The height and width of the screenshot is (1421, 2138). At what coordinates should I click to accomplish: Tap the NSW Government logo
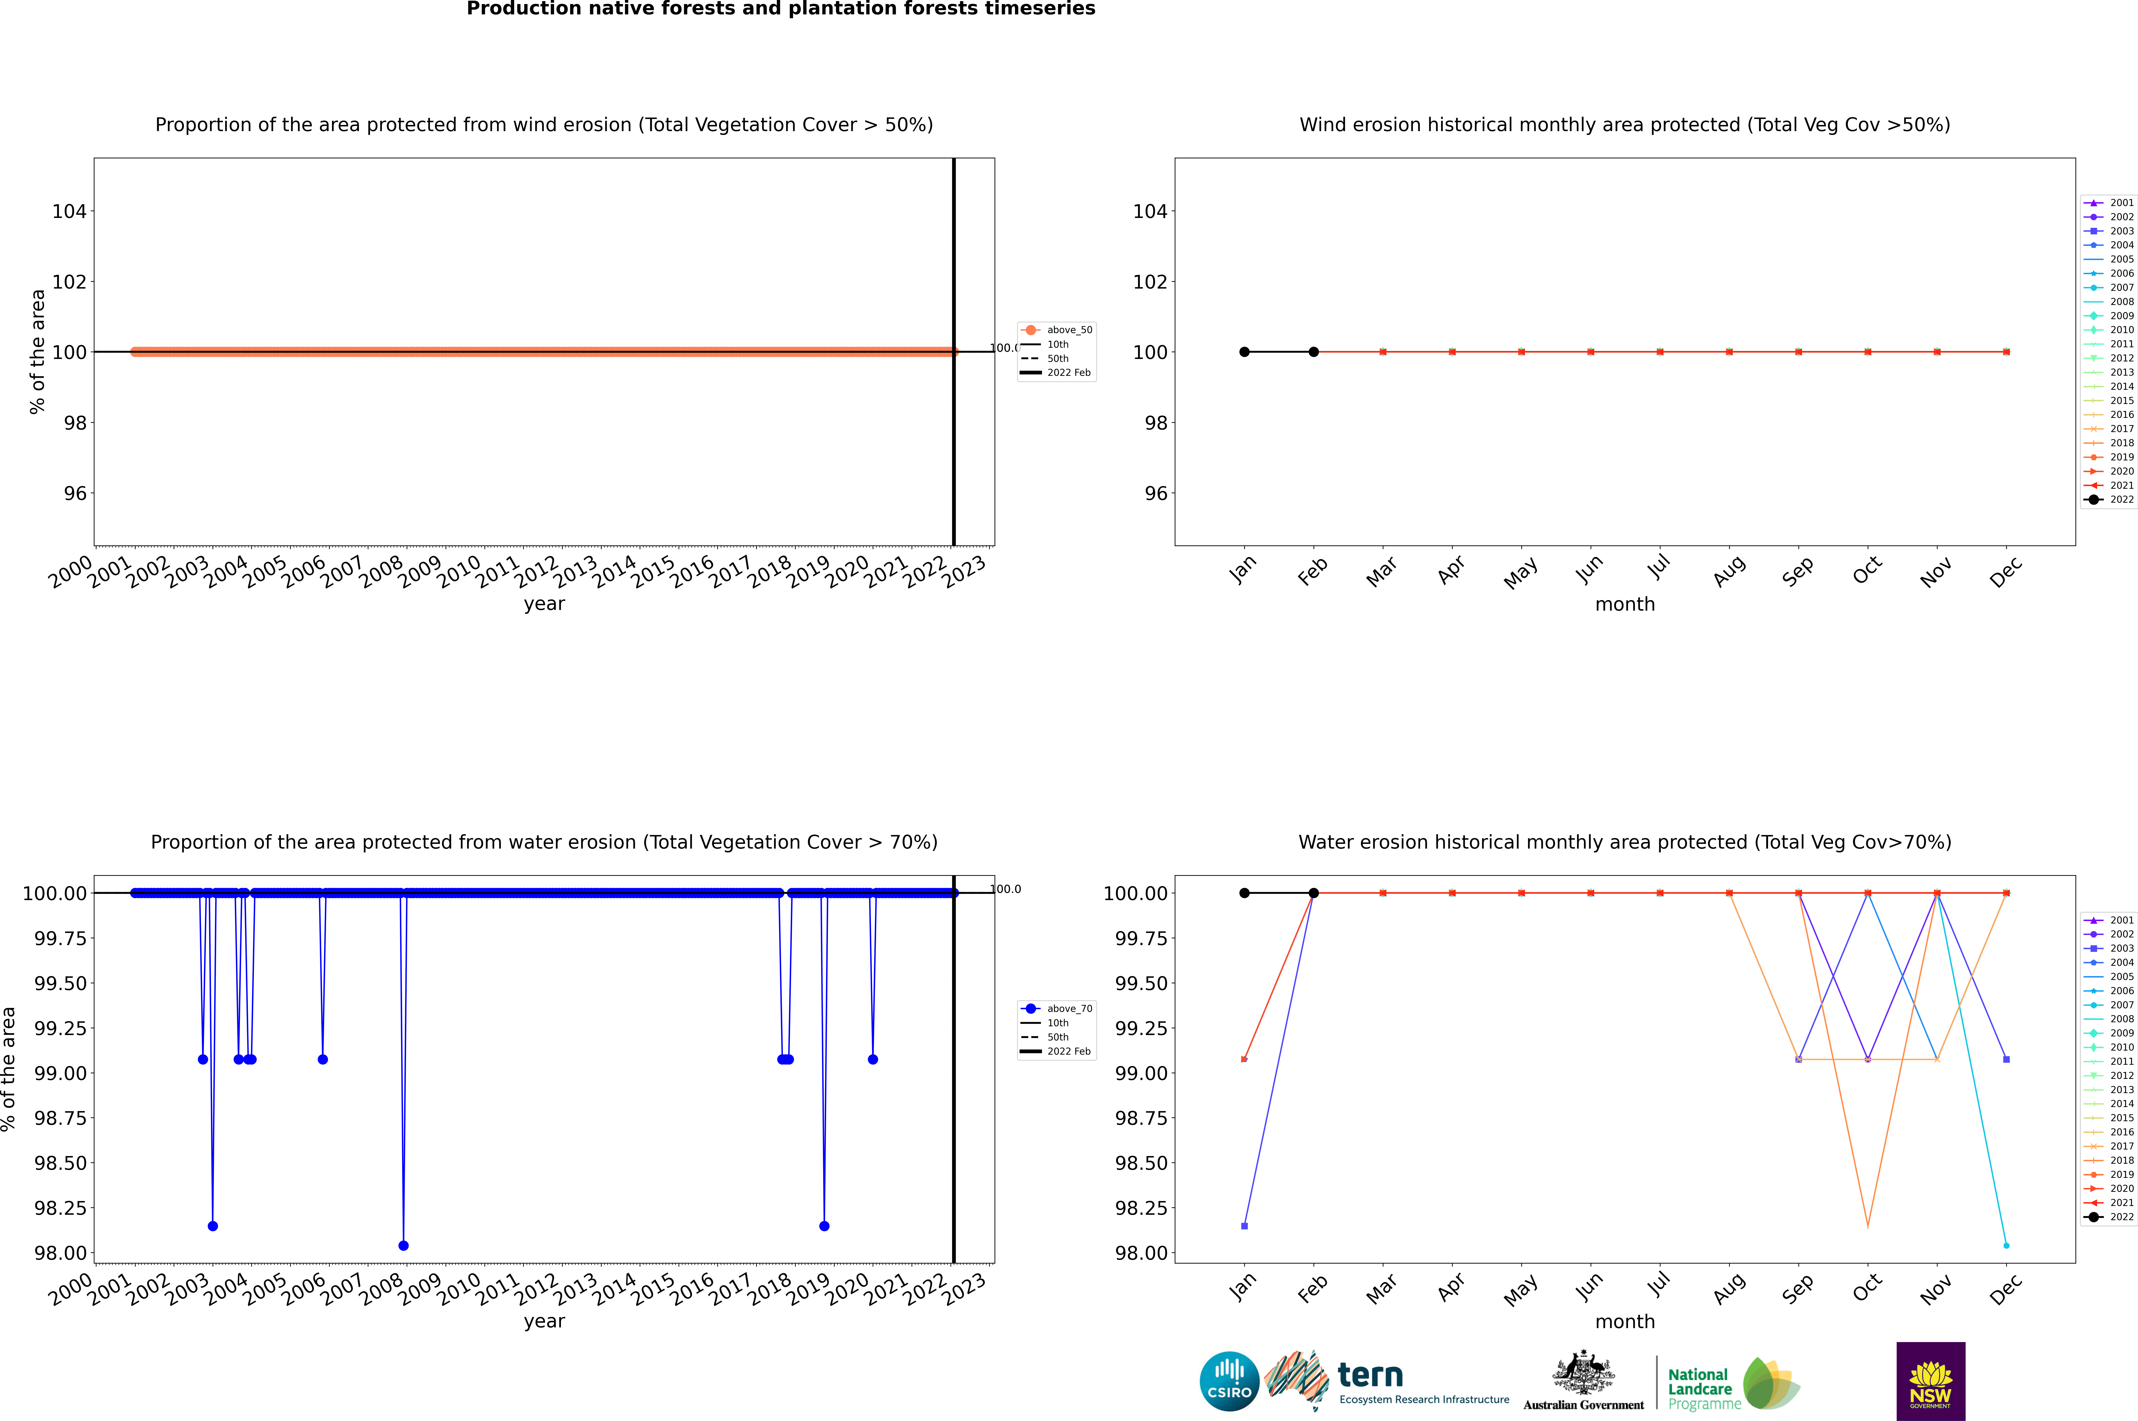1930,1381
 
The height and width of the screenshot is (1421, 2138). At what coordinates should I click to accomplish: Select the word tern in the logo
1370,1376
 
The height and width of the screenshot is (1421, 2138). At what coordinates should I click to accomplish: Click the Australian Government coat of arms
1583,1373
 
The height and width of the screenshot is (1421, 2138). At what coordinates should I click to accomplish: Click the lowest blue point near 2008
403,1245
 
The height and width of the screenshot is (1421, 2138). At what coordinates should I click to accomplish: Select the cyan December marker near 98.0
2006,1245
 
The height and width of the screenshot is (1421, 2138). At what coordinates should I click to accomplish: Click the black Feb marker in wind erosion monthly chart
1313,352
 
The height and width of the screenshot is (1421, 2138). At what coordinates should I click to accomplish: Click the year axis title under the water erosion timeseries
544,1321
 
